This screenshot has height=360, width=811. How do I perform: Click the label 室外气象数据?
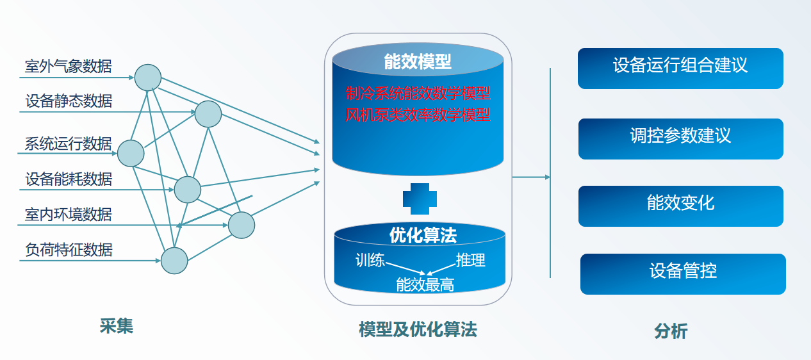[69, 65]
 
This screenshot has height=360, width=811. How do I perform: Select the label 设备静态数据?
[69, 101]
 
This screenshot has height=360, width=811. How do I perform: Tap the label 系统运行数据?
[69, 143]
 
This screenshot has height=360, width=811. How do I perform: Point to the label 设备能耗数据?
[69, 179]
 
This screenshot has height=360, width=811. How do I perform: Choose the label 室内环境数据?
[69, 214]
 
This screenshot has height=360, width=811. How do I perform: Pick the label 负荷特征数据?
[69, 249]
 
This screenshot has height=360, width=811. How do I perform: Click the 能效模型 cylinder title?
[418, 61]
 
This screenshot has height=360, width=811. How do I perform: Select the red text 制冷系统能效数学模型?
[418, 94]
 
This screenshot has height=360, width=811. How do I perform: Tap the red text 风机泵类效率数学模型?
[418, 115]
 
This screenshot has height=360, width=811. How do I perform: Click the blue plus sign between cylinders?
[420, 199]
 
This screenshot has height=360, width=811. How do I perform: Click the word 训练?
[370, 261]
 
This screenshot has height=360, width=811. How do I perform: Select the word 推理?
[471, 260]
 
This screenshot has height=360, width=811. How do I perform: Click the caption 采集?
[117, 326]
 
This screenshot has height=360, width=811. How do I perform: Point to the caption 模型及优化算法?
[418, 330]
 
